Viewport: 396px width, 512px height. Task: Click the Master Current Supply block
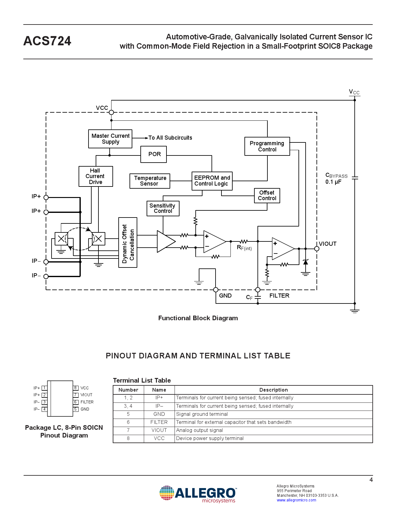[x=110, y=139]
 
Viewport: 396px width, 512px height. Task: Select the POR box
[x=153, y=154]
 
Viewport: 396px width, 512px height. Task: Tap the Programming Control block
[x=267, y=146]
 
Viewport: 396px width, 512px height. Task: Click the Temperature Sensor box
[x=150, y=181]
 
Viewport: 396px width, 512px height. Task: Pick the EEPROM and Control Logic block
[x=212, y=181]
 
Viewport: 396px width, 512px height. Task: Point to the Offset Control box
[x=267, y=195]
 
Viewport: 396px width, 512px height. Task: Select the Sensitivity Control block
[x=163, y=208]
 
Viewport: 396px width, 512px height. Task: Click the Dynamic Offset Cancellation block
[x=128, y=242]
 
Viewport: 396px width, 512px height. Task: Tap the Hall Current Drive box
[x=96, y=176]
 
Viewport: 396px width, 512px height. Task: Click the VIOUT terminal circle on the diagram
[x=316, y=249]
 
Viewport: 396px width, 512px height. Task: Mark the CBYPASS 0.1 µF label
[x=336, y=178]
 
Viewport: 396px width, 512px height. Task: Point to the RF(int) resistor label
[x=244, y=248]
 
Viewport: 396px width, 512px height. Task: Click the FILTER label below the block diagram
[x=279, y=296]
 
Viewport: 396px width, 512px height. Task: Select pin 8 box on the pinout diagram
[x=75, y=388]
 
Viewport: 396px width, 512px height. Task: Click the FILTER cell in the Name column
[x=159, y=422]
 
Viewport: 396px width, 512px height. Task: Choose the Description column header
[x=273, y=390]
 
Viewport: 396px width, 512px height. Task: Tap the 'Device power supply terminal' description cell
[x=210, y=438]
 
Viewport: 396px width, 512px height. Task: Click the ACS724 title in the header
[x=47, y=41]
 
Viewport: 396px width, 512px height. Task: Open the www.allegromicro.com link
[x=296, y=500]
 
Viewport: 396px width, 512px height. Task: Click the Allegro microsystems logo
[x=198, y=494]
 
